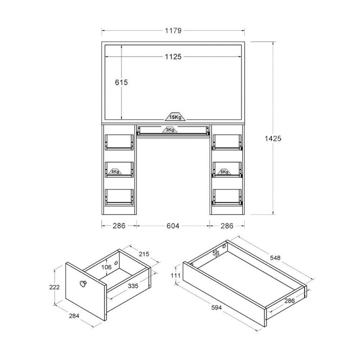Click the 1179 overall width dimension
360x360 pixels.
point(173,31)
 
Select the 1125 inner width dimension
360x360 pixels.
point(173,57)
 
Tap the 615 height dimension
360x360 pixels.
point(121,82)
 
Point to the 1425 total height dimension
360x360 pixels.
point(273,139)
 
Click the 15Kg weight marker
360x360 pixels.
point(175,117)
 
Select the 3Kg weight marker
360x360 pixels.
point(170,130)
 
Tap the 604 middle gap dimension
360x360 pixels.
point(173,226)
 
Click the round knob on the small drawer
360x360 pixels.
point(83,284)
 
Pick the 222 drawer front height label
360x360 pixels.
point(54,287)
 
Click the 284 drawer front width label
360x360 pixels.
point(74,316)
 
